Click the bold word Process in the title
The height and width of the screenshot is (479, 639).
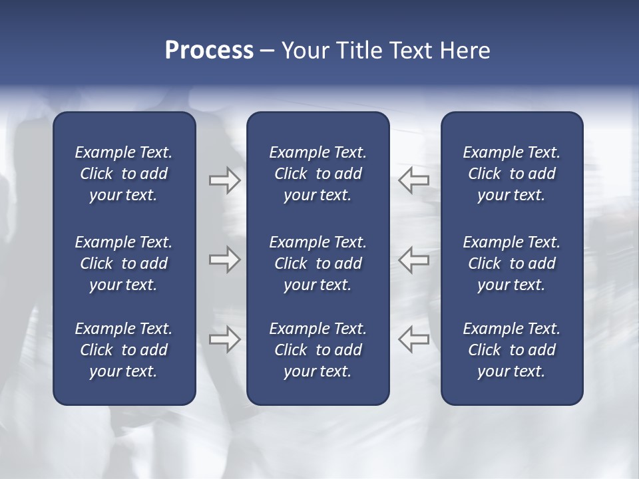point(209,51)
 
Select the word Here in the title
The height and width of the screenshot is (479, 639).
point(464,51)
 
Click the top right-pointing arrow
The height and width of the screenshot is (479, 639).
point(224,180)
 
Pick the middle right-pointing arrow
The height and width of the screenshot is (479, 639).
point(224,259)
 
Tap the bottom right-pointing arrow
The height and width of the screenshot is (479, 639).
point(224,339)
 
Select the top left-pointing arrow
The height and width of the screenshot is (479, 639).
point(414,180)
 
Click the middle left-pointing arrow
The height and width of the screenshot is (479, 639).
point(414,259)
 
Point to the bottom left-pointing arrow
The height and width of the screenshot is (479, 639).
point(414,339)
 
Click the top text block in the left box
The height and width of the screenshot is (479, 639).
point(124,174)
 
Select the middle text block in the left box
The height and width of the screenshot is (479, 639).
point(124,263)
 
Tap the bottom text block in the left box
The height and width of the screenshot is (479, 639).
point(124,350)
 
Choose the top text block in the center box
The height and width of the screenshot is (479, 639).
point(318,174)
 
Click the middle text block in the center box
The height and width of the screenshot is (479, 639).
point(318,263)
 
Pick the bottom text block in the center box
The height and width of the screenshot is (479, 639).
point(318,350)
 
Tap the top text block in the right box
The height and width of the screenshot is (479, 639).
point(511,174)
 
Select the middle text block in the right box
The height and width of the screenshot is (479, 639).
point(511,263)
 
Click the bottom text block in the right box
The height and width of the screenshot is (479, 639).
point(511,350)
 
